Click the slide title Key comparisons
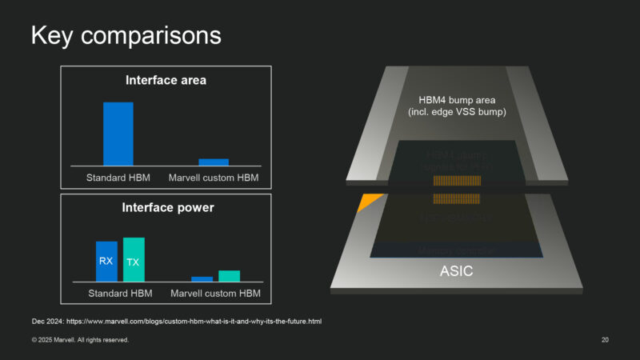pos(125,36)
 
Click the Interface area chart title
pos(166,80)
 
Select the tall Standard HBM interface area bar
pos(118,134)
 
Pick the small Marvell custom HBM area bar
pos(214,162)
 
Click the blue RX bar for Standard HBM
pos(106,261)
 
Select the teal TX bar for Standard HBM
pos(134,259)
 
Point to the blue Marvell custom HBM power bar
pos(202,278)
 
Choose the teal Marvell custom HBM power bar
pos(229,276)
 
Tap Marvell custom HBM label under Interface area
pos(214,177)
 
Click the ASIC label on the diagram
pos(456,271)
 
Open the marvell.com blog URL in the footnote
pos(195,321)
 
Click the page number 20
pos(605,340)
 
